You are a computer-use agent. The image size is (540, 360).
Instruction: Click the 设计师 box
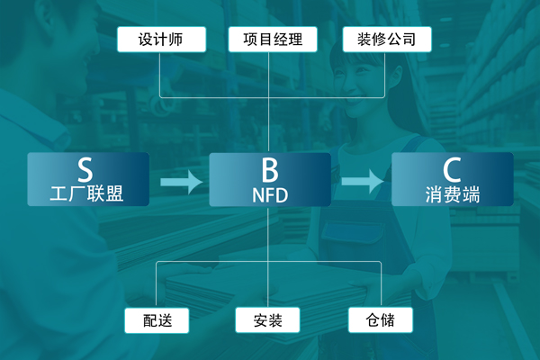point(161,40)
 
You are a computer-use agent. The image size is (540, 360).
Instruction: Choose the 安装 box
point(268,319)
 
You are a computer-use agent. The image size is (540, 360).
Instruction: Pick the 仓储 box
point(382,319)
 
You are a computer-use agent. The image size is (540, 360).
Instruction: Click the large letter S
point(85,168)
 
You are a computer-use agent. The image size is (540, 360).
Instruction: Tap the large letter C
point(452,168)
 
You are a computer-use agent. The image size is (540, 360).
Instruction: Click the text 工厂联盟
point(86,193)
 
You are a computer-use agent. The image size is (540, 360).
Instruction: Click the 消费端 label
point(452,193)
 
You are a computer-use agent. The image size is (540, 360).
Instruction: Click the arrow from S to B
point(181,182)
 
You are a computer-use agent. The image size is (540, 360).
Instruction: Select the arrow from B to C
point(362,182)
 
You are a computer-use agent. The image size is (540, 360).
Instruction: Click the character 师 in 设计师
point(178,40)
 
